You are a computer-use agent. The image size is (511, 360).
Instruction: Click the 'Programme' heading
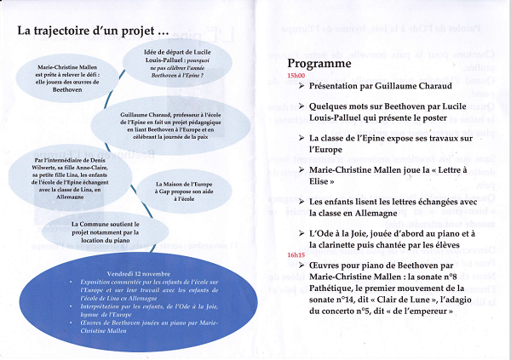(x=319, y=64)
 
